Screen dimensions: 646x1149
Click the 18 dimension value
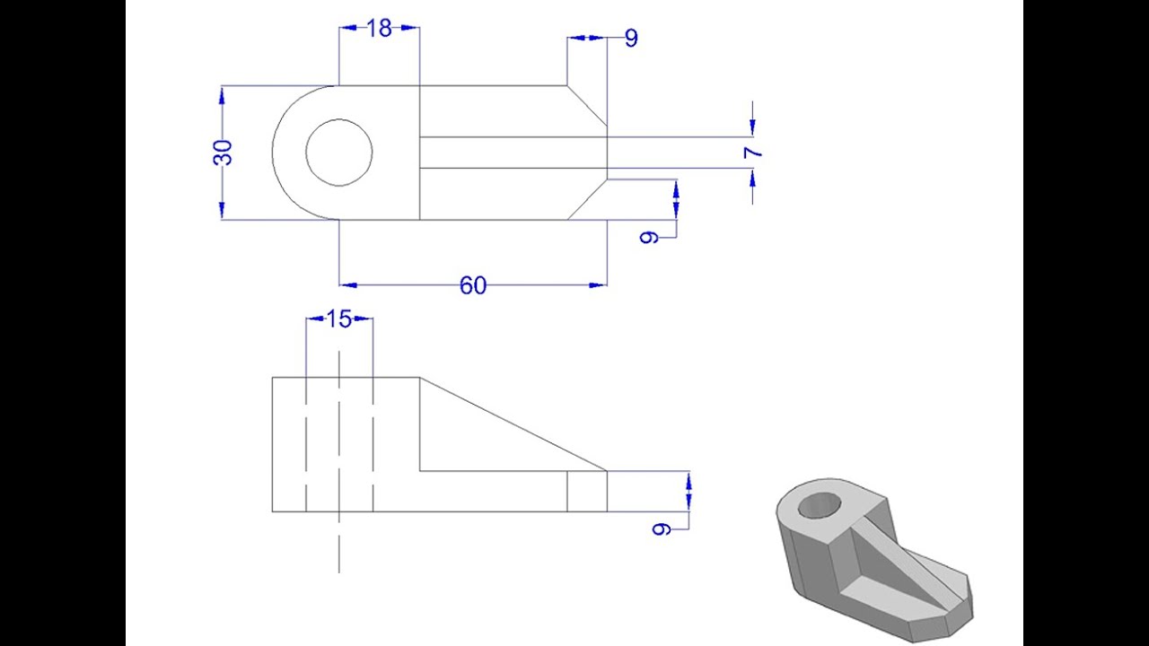tap(380, 29)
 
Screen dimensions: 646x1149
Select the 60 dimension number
tap(473, 285)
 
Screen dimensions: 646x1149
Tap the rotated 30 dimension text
tap(224, 152)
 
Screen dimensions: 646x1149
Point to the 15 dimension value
tap(338, 319)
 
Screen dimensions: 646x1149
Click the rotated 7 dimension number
tap(753, 152)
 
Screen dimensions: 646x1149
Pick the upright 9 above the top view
tap(631, 38)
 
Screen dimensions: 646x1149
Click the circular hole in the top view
tap(339, 153)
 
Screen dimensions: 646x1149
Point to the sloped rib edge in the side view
tap(513, 423)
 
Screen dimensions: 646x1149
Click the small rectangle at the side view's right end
tap(587, 491)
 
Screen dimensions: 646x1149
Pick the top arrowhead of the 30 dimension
tap(222, 93)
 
